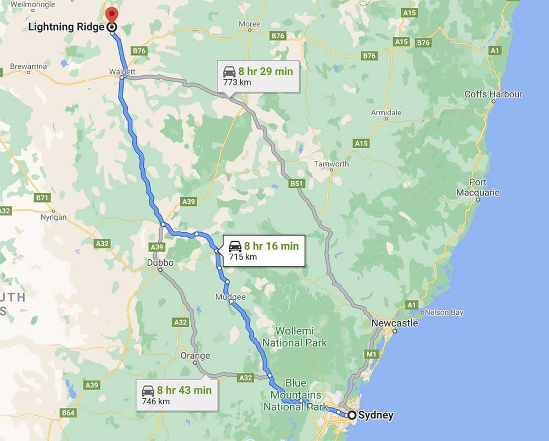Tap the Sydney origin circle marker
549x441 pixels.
click(x=352, y=415)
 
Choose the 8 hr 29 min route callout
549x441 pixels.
click(x=258, y=76)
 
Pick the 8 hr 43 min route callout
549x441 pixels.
click(x=176, y=395)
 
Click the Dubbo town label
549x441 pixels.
click(x=160, y=263)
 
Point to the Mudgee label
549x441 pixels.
click(x=231, y=297)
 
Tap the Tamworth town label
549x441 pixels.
click(x=331, y=164)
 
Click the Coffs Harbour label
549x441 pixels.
click(x=494, y=94)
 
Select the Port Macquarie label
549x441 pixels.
click(x=478, y=187)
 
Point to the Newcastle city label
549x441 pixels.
click(x=394, y=323)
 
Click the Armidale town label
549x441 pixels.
click(x=386, y=113)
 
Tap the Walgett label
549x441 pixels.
click(x=122, y=71)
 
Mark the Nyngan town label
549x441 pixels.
click(x=54, y=217)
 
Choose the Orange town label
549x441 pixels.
click(x=195, y=356)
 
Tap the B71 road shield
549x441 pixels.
click(x=41, y=197)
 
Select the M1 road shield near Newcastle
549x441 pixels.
click(x=372, y=354)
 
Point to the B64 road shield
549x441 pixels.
click(x=68, y=413)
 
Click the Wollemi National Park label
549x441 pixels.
click(x=294, y=337)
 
